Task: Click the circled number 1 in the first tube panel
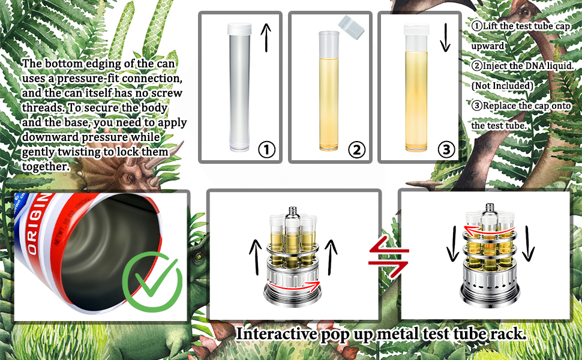click(x=266, y=149)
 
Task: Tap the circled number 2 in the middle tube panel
click(x=356, y=149)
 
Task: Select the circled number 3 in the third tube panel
click(x=446, y=149)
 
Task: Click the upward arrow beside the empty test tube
click(x=266, y=37)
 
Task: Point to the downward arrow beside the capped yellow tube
click(x=445, y=37)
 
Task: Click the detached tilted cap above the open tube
click(x=351, y=26)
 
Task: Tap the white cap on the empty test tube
click(x=239, y=29)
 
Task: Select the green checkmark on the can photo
click(x=152, y=281)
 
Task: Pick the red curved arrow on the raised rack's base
click(x=294, y=286)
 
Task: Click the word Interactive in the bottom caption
click(x=276, y=333)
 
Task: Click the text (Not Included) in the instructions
click(x=502, y=86)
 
